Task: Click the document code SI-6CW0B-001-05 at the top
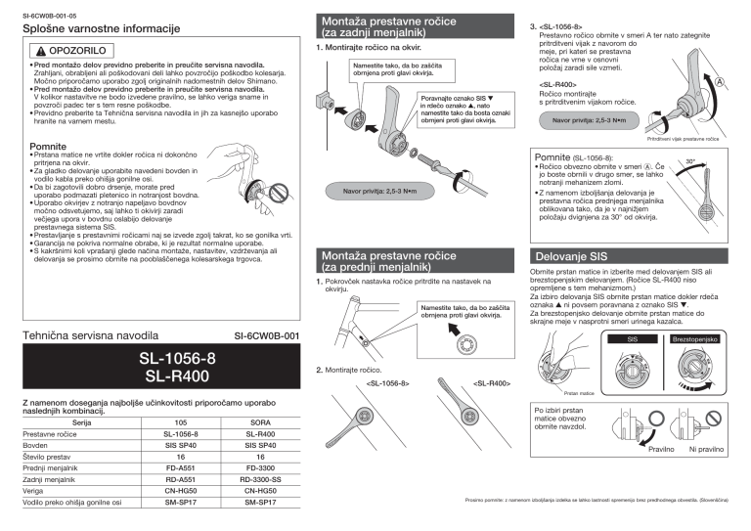pyautogui.click(x=51, y=17)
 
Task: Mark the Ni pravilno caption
pyautogui.click(x=706, y=449)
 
